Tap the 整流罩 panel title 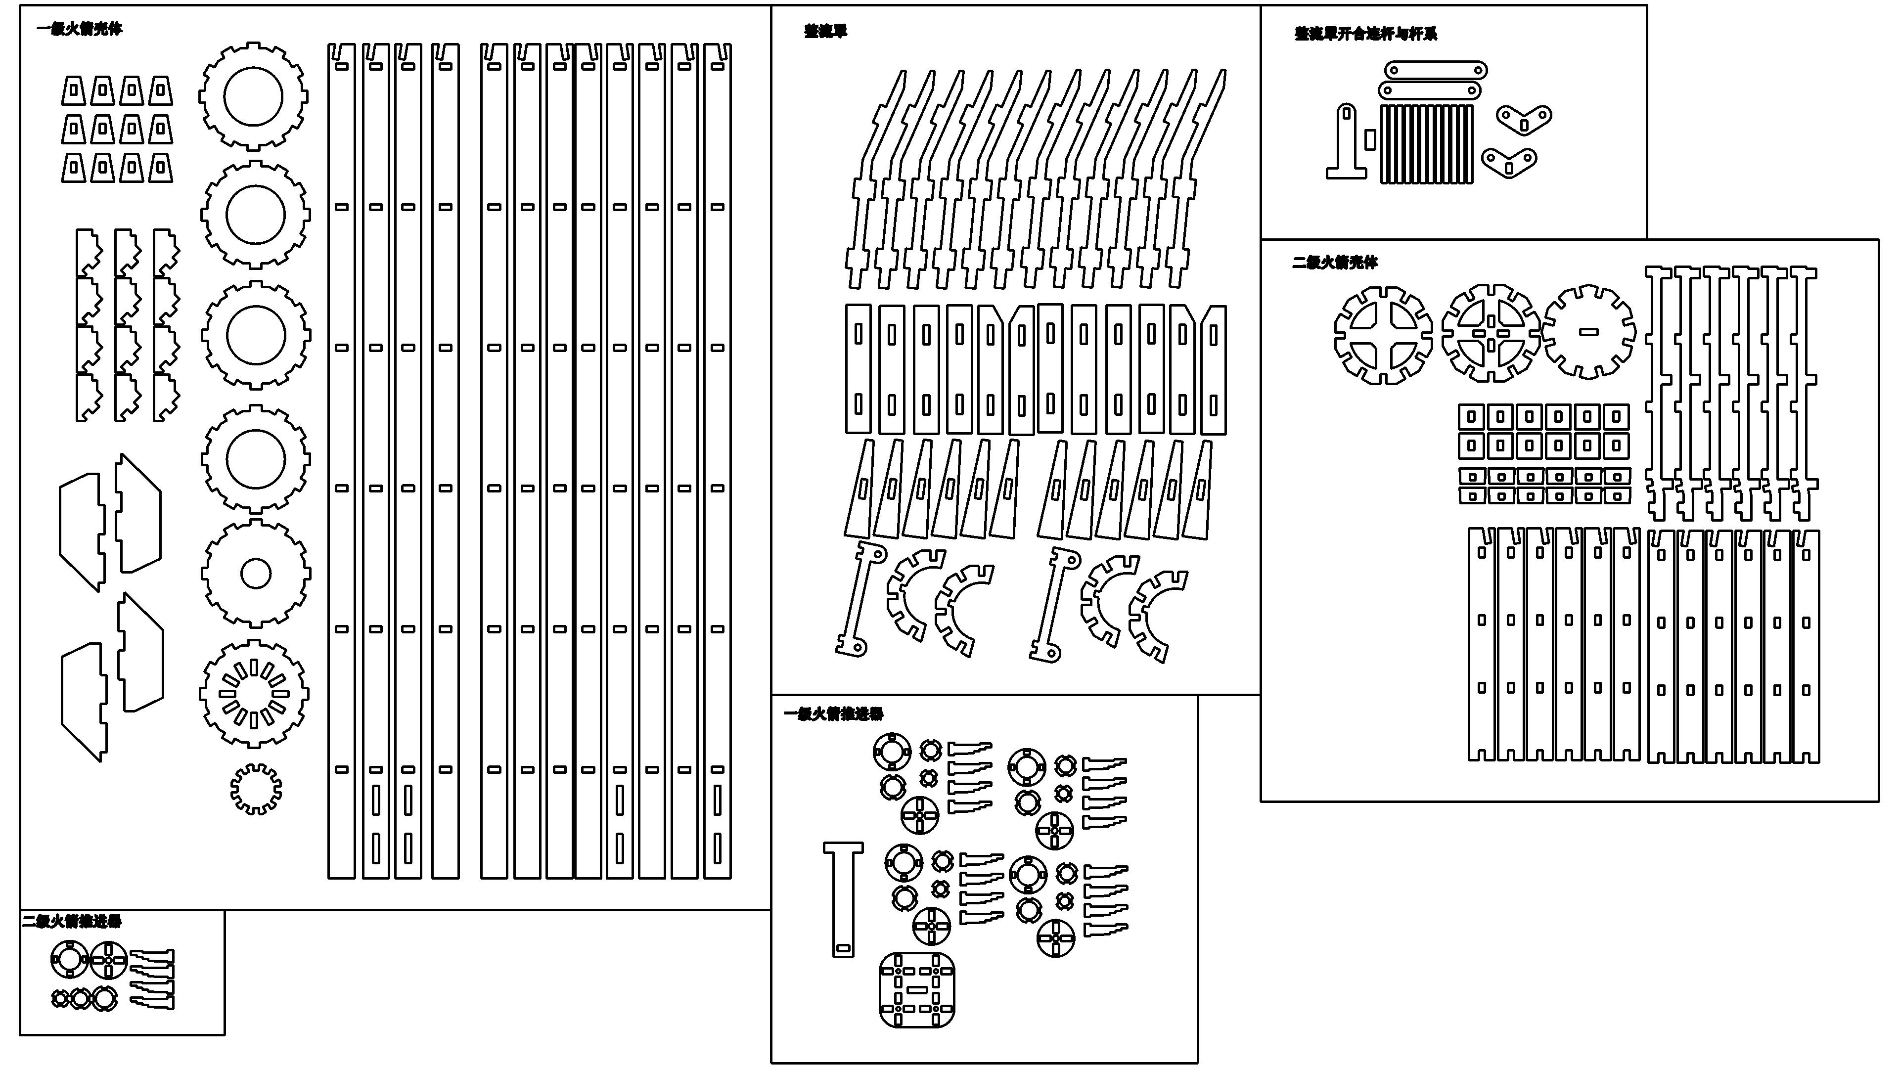point(826,31)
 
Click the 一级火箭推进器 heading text point(833,713)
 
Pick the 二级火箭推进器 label point(72,921)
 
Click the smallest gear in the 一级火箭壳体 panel point(256,789)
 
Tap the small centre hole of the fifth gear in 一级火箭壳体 point(256,574)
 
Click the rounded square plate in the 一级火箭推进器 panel point(917,990)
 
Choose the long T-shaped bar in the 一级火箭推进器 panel point(843,899)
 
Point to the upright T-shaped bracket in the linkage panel point(1347,144)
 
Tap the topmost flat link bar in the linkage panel point(1435,71)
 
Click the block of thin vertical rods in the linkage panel point(1426,144)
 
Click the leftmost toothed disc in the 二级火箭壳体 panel point(1383,335)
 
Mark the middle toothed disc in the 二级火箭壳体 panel point(1491,333)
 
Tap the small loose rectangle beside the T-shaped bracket point(1370,140)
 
